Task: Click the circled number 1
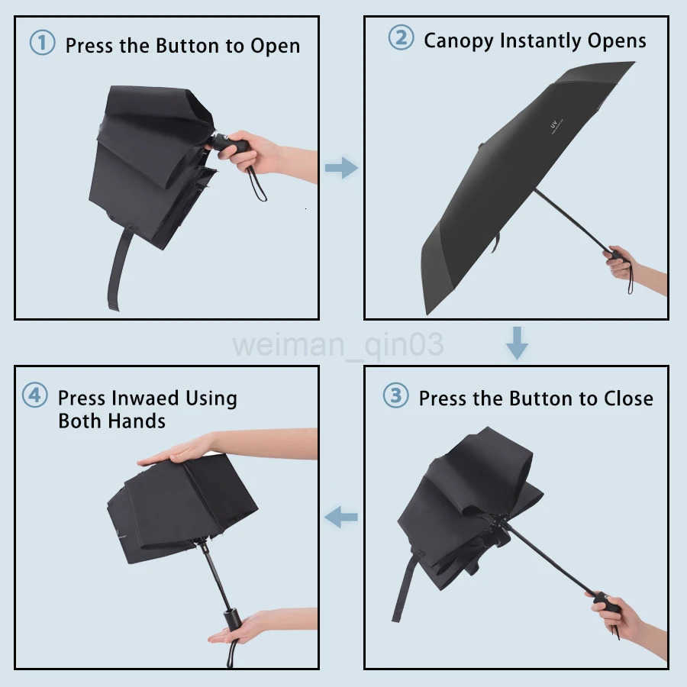(42, 43)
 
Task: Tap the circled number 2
(401, 38)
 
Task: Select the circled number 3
(395, 396)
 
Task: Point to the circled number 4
(34, 396)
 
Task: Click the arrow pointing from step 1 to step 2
(340, 167)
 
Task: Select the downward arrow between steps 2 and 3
(517, 343)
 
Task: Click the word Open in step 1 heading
(274, 46)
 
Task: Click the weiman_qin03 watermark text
(338, 344)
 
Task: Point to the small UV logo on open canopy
(556, 123)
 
